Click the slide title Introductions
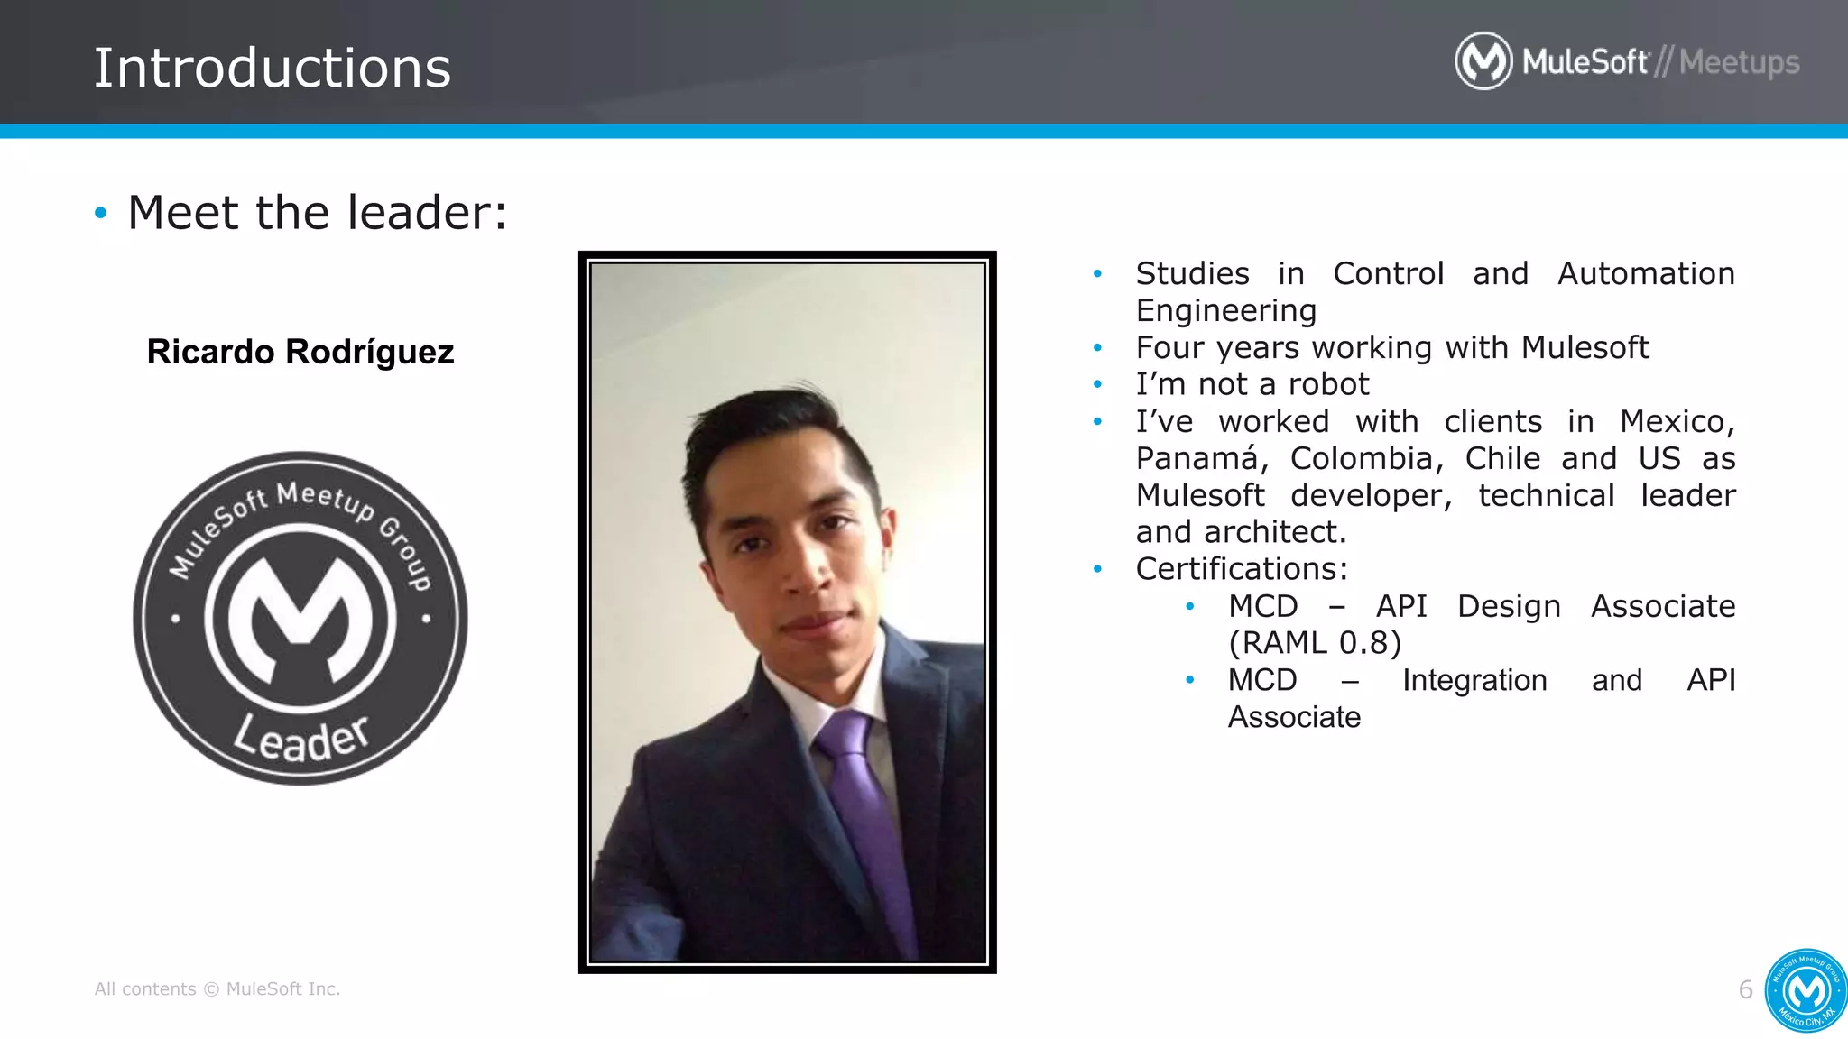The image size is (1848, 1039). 273,69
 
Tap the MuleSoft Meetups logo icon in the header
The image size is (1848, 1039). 1483,61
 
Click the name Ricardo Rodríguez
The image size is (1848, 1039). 300,352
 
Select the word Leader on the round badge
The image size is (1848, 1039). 301,738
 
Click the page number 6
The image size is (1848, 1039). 1745,989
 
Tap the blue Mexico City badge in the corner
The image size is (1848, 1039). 1806,991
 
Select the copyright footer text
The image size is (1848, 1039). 217,989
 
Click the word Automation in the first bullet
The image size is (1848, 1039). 1646,273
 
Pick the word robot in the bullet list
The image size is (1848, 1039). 1328,384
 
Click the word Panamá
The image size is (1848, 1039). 1197,458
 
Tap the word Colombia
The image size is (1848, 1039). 1361,458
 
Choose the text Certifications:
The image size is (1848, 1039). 1242,569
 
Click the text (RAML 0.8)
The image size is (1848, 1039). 1315,643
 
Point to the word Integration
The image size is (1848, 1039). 1474,680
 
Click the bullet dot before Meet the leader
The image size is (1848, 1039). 100,214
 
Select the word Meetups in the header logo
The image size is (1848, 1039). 1739,62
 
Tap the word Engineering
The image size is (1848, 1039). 1226,310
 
